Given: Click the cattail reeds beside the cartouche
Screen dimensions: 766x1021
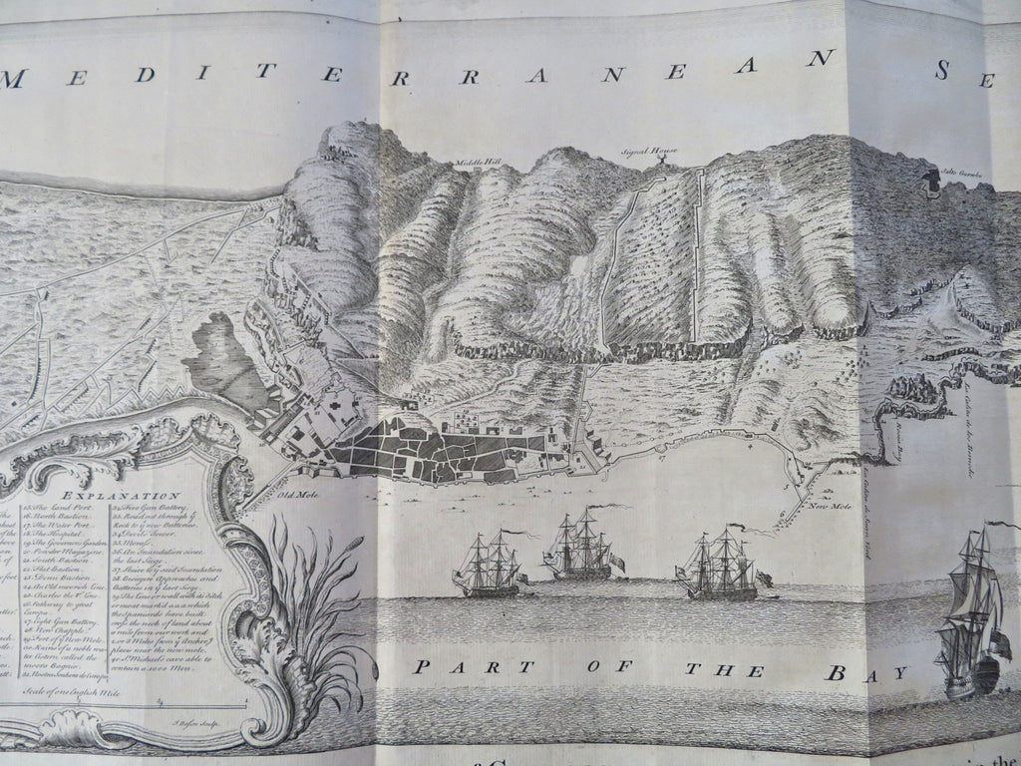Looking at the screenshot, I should click(x=281, y=598).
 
